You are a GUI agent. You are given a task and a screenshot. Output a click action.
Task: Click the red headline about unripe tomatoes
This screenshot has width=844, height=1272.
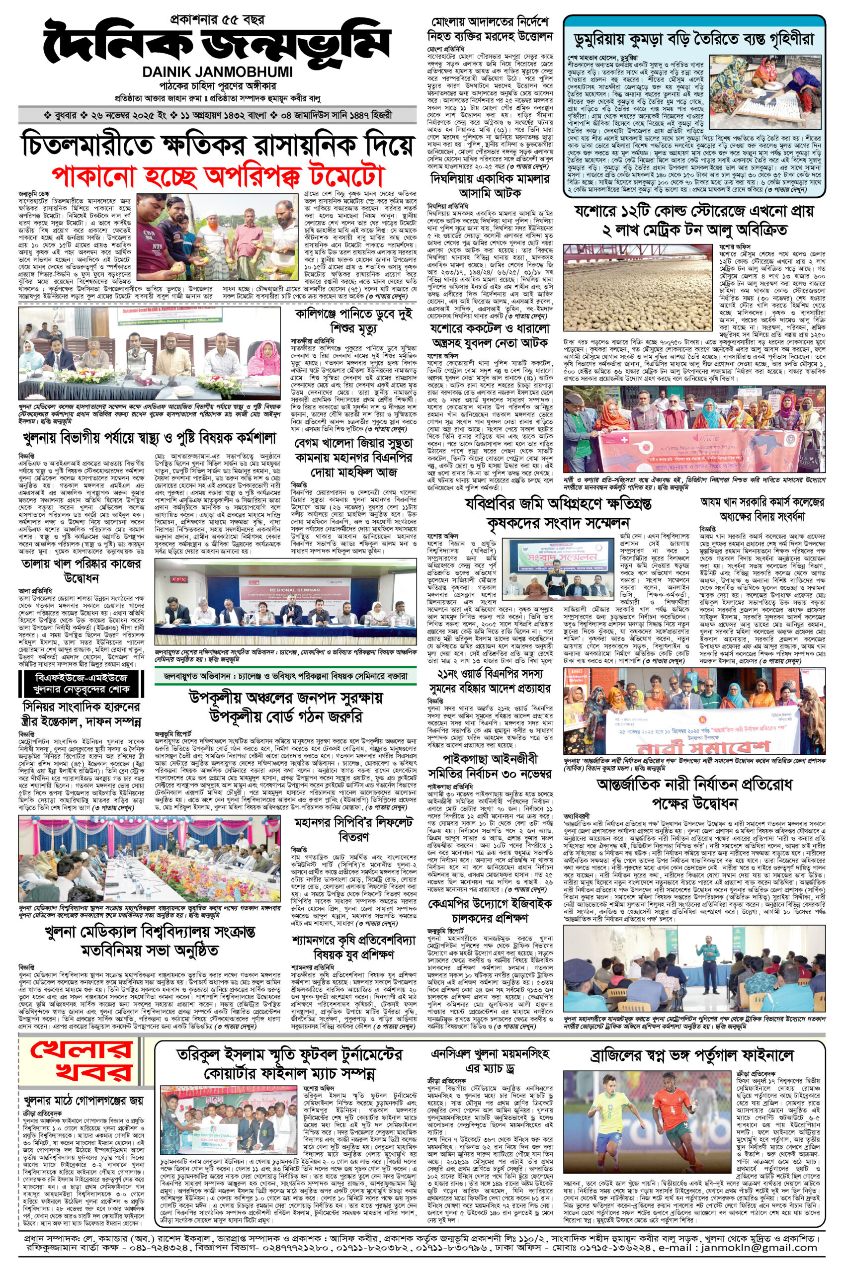coord(217,175)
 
